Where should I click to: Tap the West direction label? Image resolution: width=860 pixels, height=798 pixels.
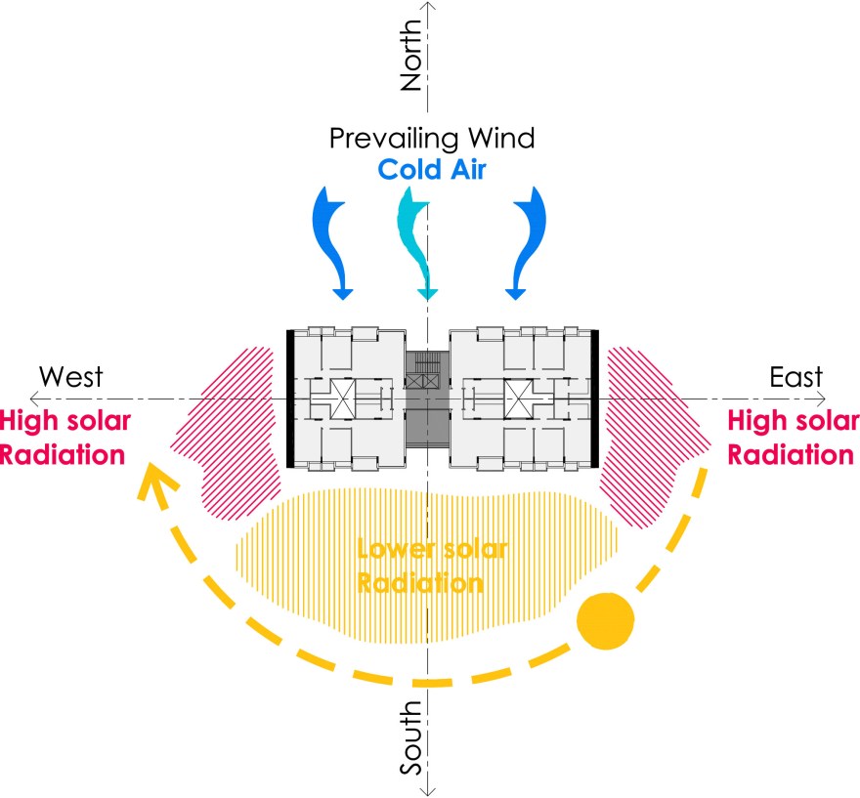coord(69,376)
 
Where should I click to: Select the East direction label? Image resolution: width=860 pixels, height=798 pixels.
coord(795,376)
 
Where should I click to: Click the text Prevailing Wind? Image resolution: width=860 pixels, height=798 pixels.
coord(432,138)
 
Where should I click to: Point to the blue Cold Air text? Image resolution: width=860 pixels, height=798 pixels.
coord(432,169)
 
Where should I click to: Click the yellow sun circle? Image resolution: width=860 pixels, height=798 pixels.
coord(605,620)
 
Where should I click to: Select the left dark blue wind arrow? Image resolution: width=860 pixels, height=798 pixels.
coord(331,240)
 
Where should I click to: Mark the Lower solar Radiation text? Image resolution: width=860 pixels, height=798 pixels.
coord(431,566)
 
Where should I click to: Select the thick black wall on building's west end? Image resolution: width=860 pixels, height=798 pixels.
coord(289,400)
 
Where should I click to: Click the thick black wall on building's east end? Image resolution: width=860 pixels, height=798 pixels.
coord(594,400)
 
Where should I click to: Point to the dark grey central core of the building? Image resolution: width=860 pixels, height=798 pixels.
coord(426,400)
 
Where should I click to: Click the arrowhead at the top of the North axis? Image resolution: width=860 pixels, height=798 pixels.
coord(429,8)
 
